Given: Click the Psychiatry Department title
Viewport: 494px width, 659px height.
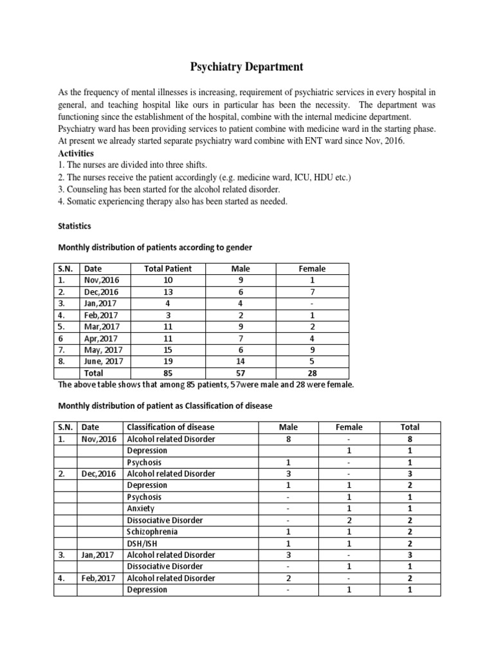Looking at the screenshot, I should (x=246, y=67).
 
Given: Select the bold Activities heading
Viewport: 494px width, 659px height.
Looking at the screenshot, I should (x=76, y=153).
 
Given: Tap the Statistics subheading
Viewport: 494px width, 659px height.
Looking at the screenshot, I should (x=75, y=226).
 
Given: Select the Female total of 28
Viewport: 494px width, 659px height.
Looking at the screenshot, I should (x=312, y=373).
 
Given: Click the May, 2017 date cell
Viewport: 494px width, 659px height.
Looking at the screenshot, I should (x=103, y=349).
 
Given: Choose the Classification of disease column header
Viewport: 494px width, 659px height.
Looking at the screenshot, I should (x=170, y=427).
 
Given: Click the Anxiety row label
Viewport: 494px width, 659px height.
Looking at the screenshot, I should (x=141, y=508).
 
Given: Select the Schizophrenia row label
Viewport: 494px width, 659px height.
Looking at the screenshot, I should (x=152, y=532).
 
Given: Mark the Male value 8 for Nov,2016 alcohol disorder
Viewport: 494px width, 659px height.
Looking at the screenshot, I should (x=288, y=439).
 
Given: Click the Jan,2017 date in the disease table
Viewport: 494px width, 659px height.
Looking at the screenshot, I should (x=99, y=555).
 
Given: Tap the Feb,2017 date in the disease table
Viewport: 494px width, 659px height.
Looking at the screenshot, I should (x=99, y=578).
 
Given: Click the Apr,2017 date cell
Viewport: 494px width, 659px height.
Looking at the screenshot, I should (x=101, y=338).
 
